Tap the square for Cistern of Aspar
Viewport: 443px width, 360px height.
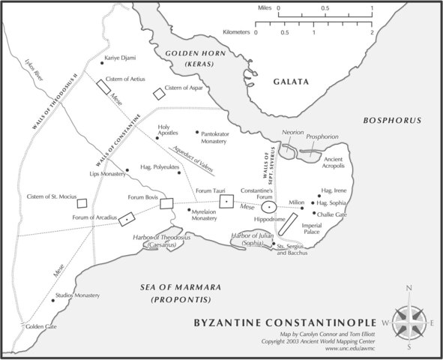158,94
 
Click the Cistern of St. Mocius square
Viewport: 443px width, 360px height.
83,202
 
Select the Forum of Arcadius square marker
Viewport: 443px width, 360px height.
128,218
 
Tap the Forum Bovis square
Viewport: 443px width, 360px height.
166,203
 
